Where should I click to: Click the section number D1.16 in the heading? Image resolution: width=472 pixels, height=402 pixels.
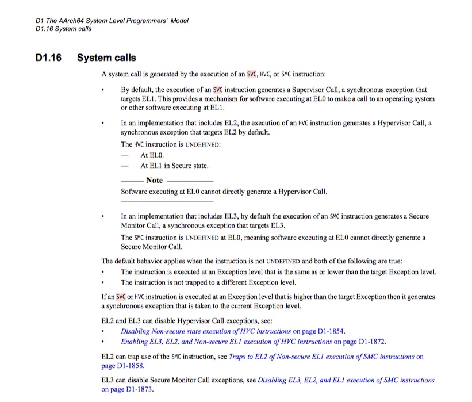[x=48, y=58]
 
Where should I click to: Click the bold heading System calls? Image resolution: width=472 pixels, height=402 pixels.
[x=106, y=58]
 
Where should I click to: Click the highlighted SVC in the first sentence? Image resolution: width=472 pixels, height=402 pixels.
[x=252, y=74]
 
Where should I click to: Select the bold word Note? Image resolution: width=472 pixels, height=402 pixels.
[x=154, y=180]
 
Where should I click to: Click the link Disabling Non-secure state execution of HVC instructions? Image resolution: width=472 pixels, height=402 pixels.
[x=206, y=331]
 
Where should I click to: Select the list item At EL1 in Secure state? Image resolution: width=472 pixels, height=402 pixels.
[x=174, y=166]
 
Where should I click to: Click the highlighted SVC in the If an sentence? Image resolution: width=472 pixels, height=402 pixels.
[x=121, y=297]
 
